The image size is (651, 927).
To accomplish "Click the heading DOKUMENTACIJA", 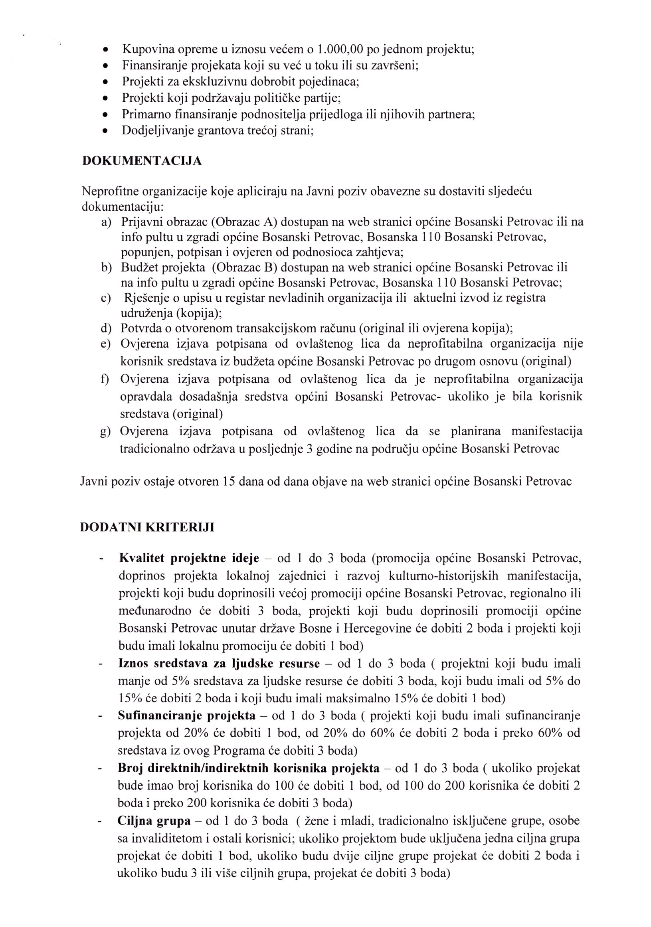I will pyautogui.click(x=142, y=161).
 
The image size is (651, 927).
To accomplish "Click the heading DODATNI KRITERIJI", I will pyautogui.click(x=147, y=528).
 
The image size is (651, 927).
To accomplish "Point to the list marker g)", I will pyautogui.click(x=105, y=432).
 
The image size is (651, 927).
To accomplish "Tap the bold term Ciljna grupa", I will pyautogui.click(x=154, y=821).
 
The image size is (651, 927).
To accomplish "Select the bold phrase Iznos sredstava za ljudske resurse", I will pyautogui.click(x=218, y=663).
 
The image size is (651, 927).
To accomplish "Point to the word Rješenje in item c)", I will pyautogui.click(x=145, y=298).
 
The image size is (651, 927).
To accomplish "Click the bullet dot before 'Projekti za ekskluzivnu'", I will pyautogui.click(x=105, y=82).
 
